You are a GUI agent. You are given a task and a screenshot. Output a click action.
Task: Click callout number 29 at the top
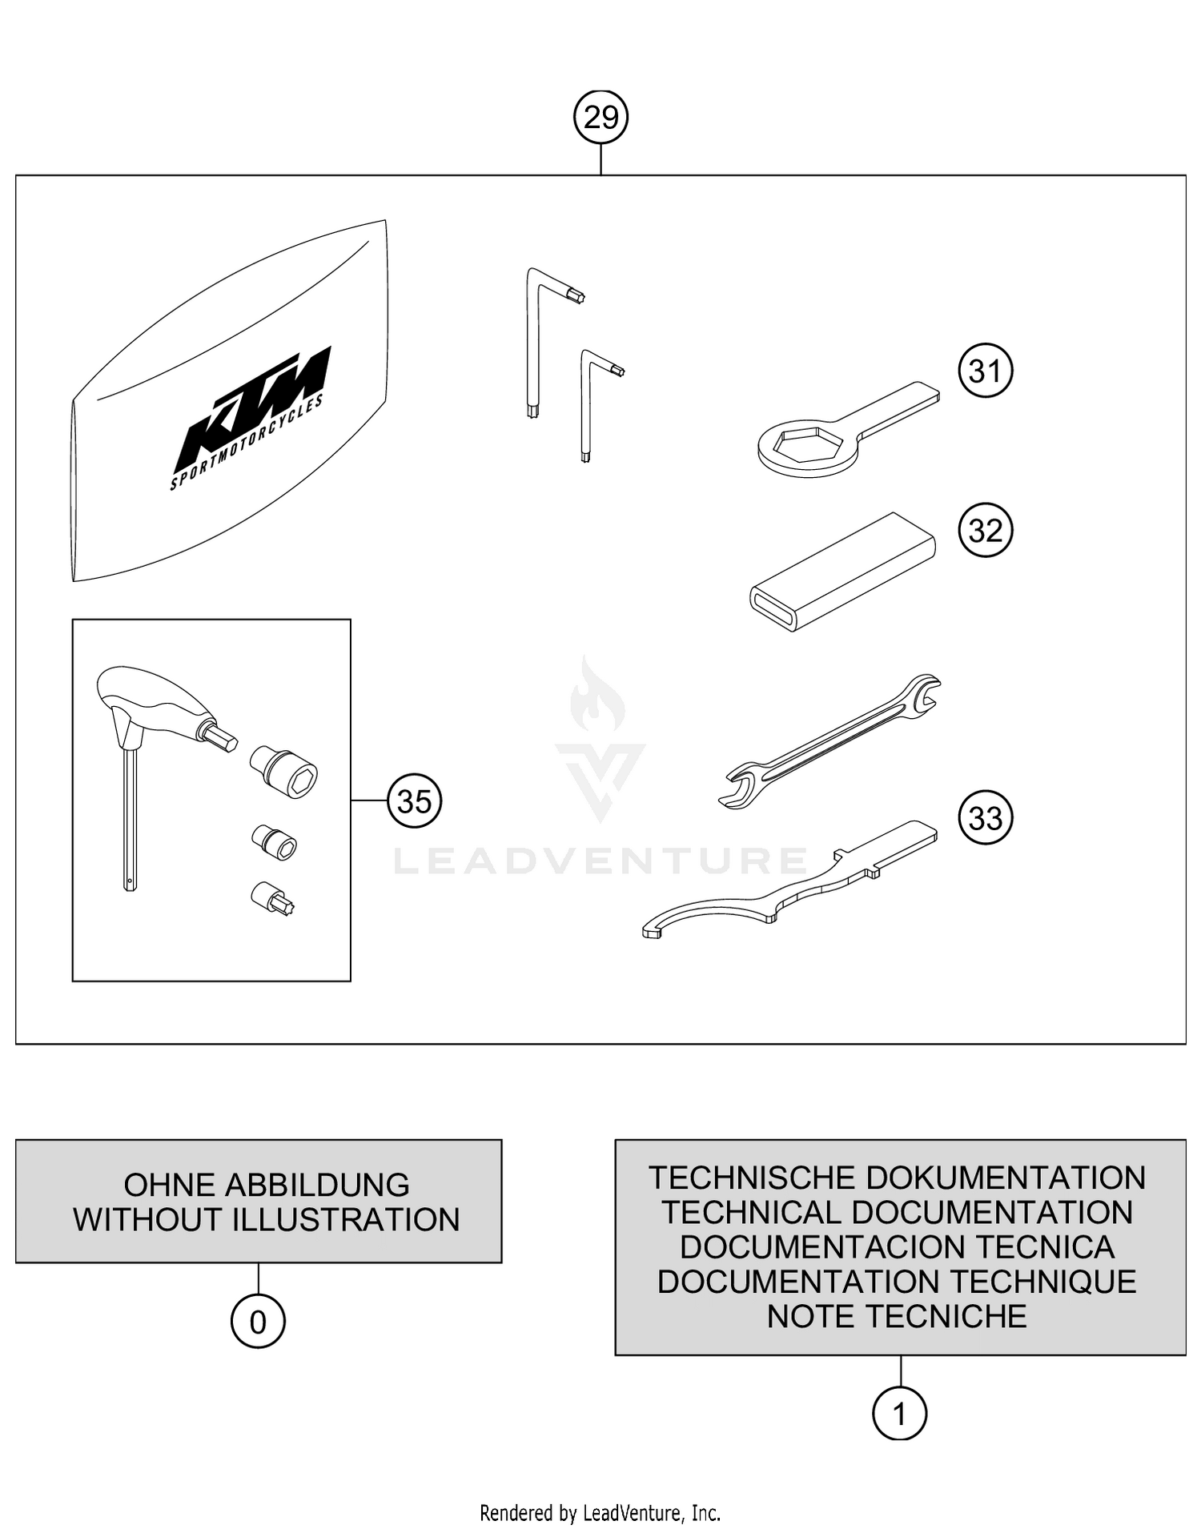(600, 118)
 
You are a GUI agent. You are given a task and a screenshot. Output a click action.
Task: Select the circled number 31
(985, 371)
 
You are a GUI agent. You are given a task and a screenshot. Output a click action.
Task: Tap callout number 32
(985, 531)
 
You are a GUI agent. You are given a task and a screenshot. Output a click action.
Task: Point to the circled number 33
(985, 818)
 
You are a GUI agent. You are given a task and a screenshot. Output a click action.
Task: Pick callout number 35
(414, 801)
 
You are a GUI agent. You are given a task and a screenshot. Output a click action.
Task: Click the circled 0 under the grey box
(258, 1322)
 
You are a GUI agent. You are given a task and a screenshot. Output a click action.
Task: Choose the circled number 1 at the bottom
(899, 1415)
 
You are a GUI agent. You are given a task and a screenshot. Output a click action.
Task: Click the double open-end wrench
(833, 740)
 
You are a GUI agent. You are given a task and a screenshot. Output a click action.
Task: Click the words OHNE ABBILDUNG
(266, 1185)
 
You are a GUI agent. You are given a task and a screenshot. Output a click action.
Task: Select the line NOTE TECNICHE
(897, 1316)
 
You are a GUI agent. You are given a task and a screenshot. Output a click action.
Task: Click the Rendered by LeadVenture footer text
(600, 1513)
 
